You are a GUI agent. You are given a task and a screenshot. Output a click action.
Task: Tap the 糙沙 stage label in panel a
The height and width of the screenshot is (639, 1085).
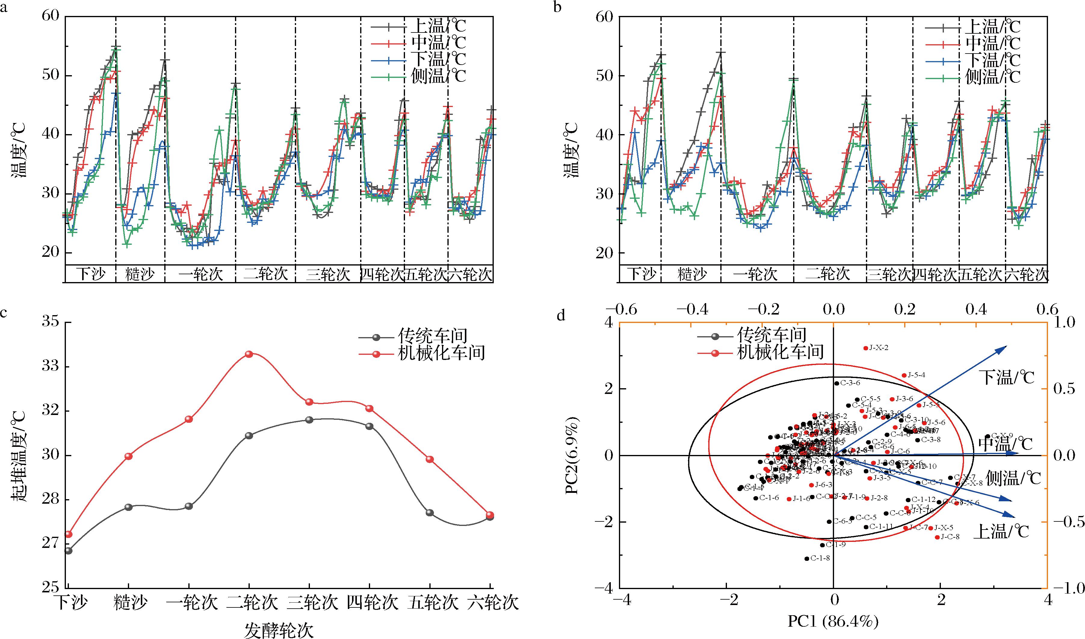(140, 274)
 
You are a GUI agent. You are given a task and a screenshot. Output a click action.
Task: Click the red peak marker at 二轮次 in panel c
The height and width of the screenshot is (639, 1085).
(249, 354)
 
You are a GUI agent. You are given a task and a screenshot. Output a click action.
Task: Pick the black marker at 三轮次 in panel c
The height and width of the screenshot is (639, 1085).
(309, 419)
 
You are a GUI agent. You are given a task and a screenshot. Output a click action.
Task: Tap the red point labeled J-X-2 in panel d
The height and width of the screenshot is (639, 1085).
(865, 348)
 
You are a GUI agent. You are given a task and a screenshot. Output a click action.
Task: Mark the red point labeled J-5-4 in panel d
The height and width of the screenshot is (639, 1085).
(904, 376)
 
